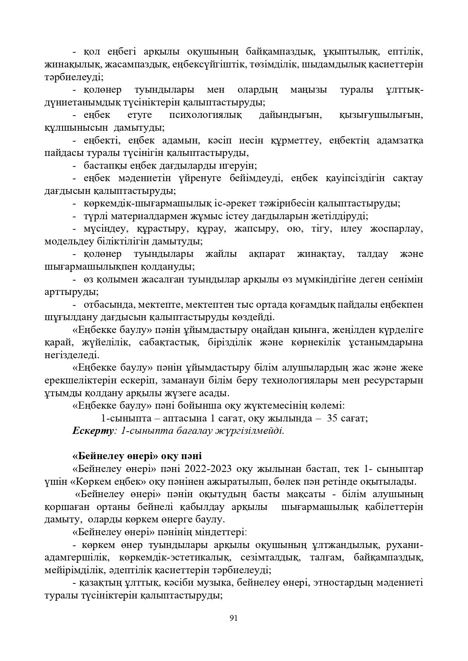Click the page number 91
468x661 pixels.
click(233, 618)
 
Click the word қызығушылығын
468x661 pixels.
click(381, 115)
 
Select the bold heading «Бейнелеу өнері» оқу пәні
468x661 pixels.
click(137, 456)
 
